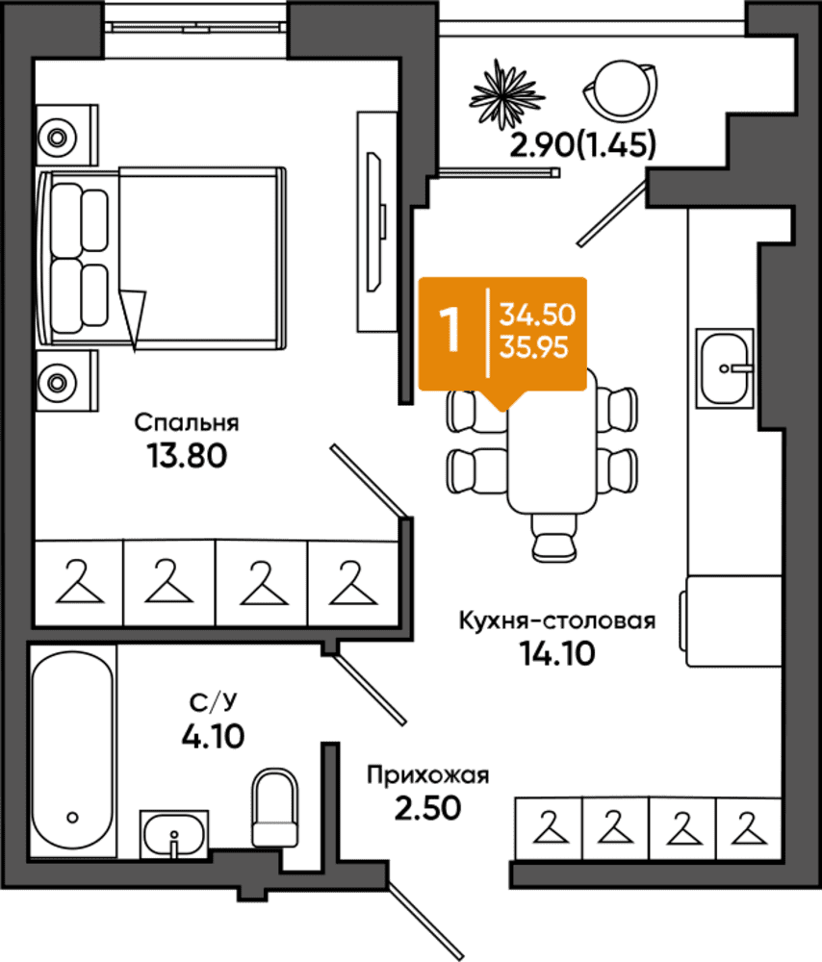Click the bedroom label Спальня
tap(187, 422)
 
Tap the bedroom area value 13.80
tap(187, 456)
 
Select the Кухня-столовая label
tap(556, 620)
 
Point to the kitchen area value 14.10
tap(557, 653)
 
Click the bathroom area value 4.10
tap(213, 736)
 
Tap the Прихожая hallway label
tap(428, 775)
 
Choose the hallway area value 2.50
tap(428, 808)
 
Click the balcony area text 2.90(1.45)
tap(583, 145)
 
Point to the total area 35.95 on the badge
tap(533, 348)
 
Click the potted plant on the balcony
tap(506, 95)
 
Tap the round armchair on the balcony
tap(621, 89)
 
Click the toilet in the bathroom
tap(275, 807)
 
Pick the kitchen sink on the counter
tap(725, 368)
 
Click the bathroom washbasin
tap(173, 833)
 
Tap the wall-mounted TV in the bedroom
tap(375, 222)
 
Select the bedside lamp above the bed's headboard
tap(58, 138)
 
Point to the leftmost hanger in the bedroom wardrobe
tap(79, 582)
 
